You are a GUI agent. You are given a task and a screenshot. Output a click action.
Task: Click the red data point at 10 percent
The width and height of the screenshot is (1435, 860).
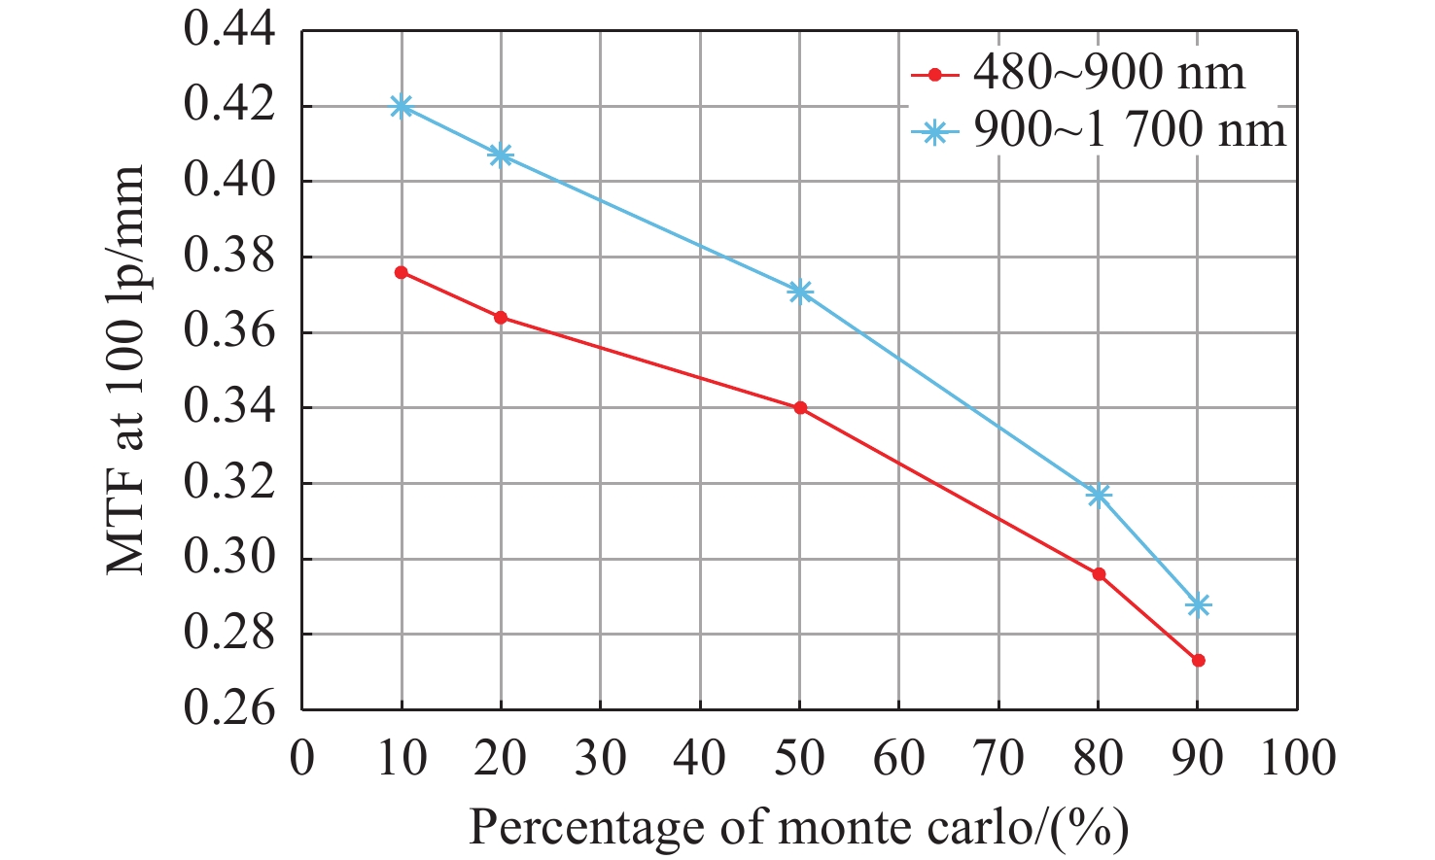(x=402, y=272)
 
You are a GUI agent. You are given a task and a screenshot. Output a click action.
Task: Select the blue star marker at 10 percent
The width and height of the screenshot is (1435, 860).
(x=402, y=106)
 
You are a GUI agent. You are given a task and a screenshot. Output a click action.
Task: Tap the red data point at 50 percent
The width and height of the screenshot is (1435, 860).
(x=800, y=408)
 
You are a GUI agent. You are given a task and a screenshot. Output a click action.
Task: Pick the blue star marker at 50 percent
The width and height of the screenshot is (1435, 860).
(x=800, y=292)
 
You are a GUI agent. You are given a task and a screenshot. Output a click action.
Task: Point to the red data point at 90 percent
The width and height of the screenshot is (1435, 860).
(x=1198, y=660)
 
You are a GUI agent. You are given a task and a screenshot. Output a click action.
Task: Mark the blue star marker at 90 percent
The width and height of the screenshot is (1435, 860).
(x=1198, y=604)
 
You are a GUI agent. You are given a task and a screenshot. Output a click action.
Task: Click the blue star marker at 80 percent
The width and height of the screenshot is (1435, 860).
(x=1099, y=495)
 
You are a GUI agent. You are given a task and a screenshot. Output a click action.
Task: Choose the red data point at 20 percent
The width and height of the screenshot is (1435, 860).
(x=501, y=317)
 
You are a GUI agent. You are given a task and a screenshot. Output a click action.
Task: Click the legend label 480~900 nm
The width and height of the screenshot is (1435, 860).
(x=1108, y=73)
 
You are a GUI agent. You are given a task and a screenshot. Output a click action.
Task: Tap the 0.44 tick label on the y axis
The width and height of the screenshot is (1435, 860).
(x=229, y=29)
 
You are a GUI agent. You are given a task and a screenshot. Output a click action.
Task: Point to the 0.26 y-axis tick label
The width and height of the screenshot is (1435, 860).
(x=229, y=708)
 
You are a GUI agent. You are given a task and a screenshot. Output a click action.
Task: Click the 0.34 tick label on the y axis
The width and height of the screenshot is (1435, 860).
(x=229, y=407)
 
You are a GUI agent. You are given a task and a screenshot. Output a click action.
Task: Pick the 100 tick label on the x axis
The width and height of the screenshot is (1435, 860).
(x=1297, y=758)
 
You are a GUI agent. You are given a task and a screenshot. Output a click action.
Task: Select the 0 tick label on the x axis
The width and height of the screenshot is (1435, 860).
(x=302, y=758)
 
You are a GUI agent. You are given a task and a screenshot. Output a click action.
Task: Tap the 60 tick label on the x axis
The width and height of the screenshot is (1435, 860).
(x=899, y=758)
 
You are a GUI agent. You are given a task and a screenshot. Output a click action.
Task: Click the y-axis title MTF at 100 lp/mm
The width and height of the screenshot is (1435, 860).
(x=125, y=369)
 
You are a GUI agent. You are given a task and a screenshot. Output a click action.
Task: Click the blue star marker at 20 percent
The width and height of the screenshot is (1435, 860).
(x=501, y=155)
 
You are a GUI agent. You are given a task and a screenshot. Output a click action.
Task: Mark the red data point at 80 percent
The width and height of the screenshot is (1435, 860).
(x=1099, y=574)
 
